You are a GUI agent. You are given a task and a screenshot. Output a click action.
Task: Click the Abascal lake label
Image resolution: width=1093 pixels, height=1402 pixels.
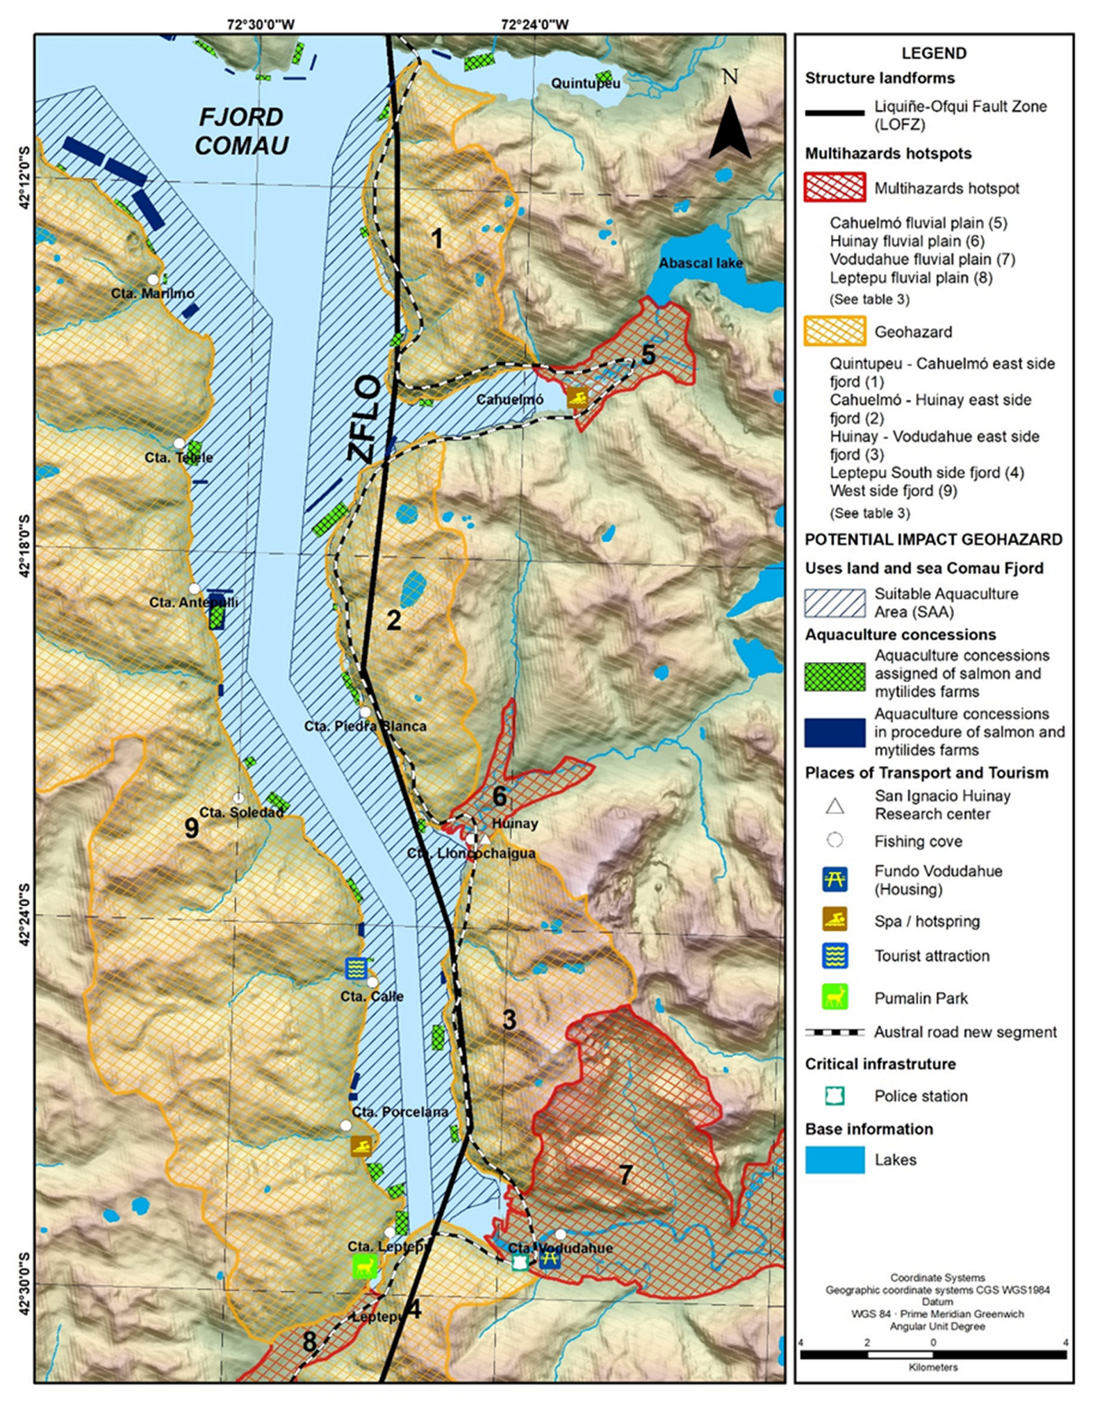700,263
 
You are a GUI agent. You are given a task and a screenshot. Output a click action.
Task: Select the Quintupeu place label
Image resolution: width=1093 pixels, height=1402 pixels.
585,84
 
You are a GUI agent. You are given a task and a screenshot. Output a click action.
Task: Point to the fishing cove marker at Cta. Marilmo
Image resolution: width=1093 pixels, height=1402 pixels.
153,279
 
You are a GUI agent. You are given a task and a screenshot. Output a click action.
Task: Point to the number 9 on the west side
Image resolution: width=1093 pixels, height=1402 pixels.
191,829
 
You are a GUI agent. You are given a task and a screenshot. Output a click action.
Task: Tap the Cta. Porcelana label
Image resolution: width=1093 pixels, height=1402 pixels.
399,1112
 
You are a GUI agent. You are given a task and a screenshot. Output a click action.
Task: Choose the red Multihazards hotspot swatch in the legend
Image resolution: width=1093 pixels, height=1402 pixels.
835,188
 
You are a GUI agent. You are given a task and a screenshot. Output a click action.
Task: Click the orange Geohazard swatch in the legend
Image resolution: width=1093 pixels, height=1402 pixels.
835,332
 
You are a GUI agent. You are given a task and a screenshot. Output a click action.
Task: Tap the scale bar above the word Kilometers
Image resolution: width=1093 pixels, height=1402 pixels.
933,1355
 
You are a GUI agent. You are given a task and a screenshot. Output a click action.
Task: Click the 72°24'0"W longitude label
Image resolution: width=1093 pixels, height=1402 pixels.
535,25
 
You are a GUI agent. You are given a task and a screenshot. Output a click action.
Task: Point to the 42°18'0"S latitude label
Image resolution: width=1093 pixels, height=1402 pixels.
25,546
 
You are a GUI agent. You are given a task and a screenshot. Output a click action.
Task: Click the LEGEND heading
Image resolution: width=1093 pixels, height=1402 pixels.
934,53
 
